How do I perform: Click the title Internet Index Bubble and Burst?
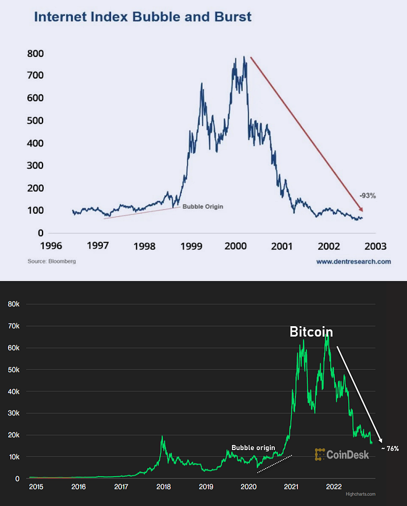tap(143, 17)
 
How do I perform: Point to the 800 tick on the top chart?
tap(35, 53)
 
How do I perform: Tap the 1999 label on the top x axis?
tap(191, 246)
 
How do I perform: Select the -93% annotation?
tap(367, 196)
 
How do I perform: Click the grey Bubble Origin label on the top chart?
tap(203, 207)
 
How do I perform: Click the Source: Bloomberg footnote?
tap(52, 261)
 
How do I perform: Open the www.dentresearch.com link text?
tap(354, 261)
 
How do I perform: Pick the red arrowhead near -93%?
tap(360, 208)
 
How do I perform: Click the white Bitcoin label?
tap(311, 332)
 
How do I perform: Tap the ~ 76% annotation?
tap(390, 448)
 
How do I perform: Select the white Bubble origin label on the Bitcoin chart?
tap(254, 448)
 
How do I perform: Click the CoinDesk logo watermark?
tap(341, 454)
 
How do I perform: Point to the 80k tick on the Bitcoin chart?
tap(13, 304)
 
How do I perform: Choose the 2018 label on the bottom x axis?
tap(163, 487)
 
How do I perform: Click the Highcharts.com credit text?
tap(360, 494)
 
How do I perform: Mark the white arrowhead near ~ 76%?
tap(380, 440)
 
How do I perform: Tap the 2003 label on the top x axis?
tap(376, 246)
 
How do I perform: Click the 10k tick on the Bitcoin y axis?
tap(13, 457)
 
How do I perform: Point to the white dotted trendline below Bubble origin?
tap(274, 464)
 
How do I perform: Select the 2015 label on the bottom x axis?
tap(36, 487)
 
